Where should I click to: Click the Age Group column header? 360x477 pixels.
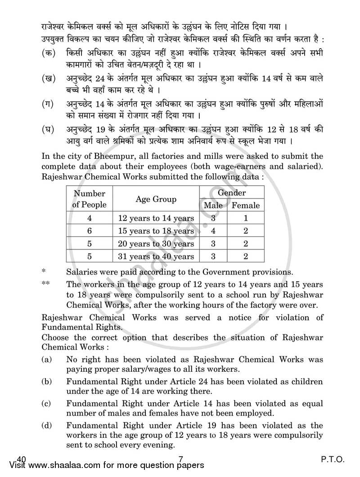(156, 199)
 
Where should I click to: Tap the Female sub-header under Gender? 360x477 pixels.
(246, 205)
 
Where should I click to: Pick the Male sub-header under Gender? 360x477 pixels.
(213, 205)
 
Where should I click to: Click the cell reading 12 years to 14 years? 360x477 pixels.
(156, 218)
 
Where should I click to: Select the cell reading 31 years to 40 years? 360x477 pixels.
(156, 256)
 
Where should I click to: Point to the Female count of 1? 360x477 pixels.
(246, 218)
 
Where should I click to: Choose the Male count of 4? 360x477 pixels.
(213, 231)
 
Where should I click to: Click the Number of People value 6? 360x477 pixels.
(90, 231)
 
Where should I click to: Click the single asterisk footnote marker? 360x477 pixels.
(44, 272)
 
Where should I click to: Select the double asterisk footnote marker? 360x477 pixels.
(45, 284)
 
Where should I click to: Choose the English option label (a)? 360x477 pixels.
(46, 360)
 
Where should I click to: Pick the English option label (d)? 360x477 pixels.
(46, 425)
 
